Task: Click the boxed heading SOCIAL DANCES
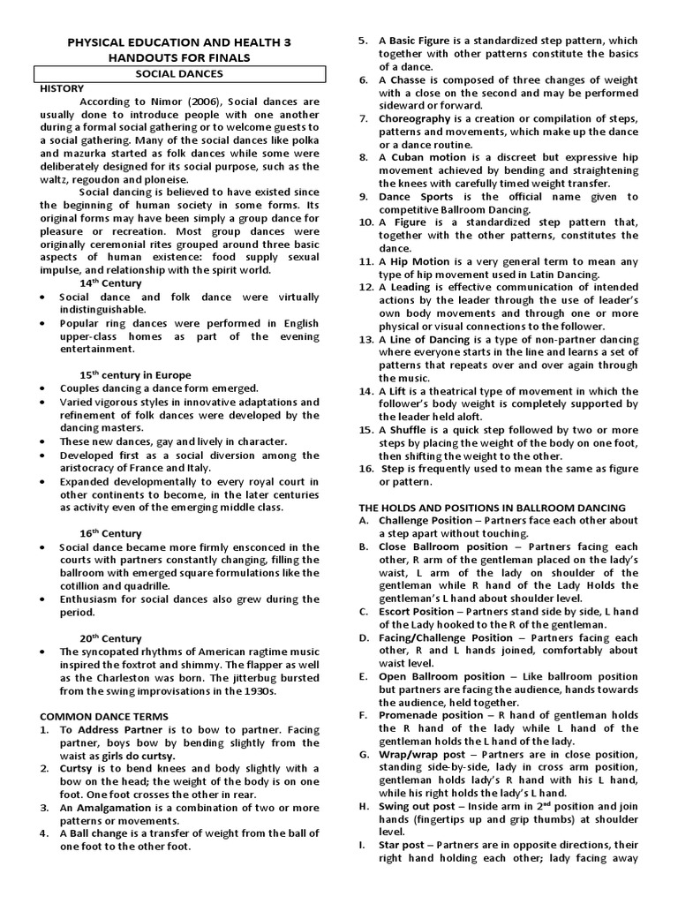[179, 74]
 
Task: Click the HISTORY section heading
[62, 88]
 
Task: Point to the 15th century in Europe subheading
[135, 375]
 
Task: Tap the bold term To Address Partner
[108, 730]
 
